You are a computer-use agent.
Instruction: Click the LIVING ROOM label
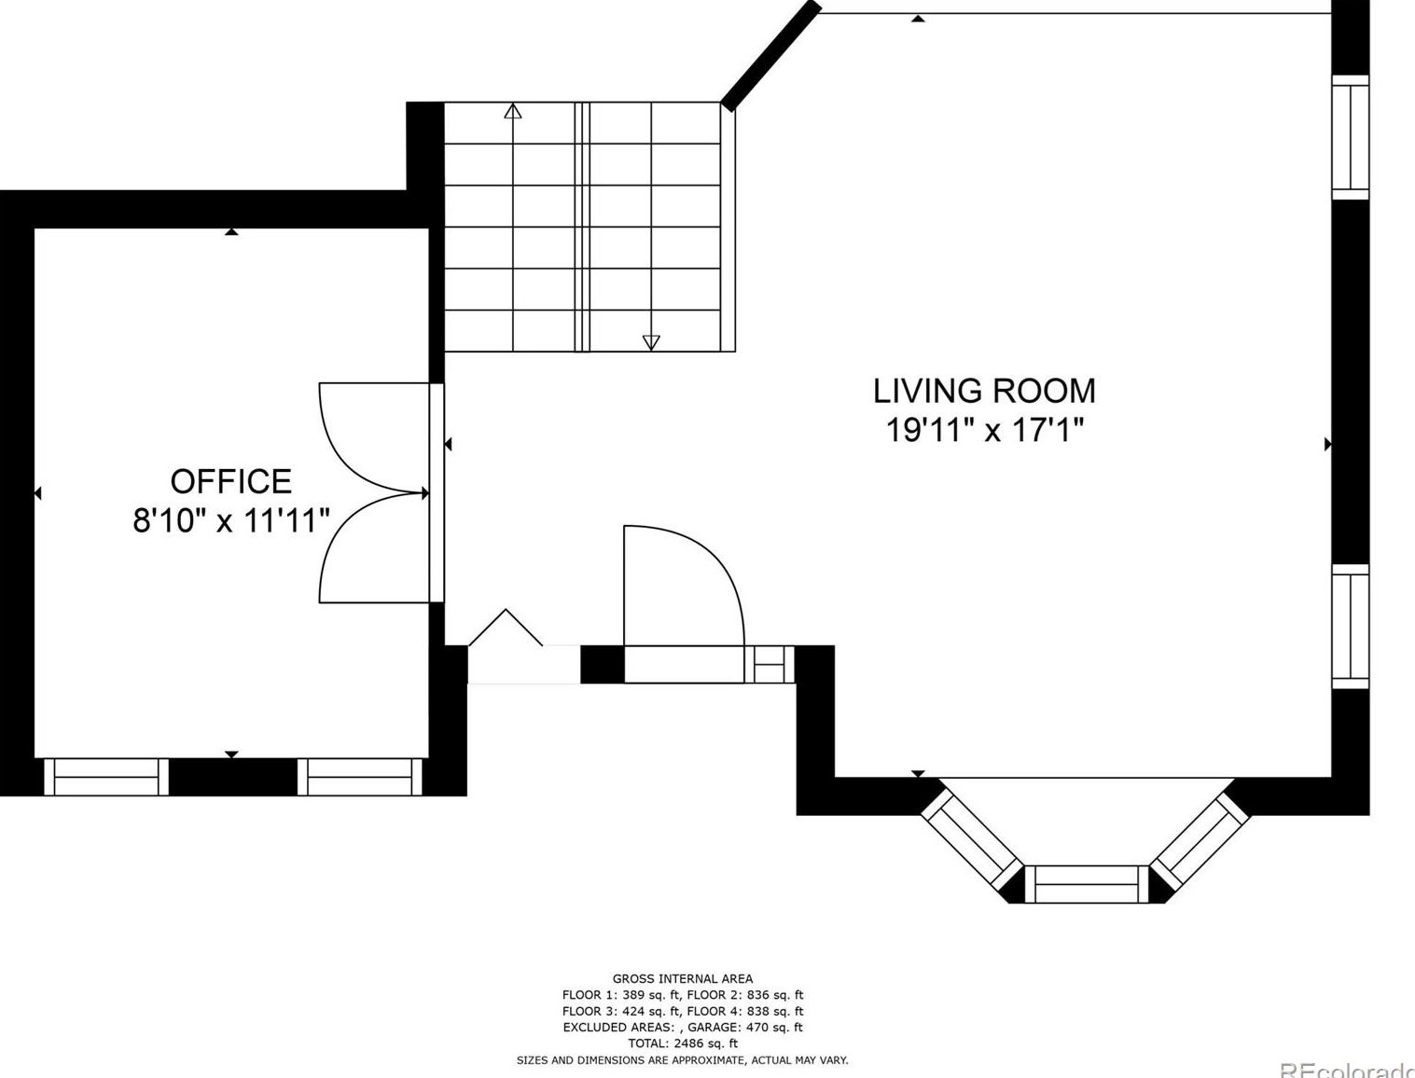pos(984,391)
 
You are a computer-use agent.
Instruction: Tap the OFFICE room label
pos(230,481)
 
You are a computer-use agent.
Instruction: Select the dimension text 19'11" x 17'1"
pos(984,429)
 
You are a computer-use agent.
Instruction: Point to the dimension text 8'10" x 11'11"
pos(230,519)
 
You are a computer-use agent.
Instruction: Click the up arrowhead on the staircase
pos(512,111)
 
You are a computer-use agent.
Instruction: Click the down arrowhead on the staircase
pos(651,343)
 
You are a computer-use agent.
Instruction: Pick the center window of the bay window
pos(1087,884)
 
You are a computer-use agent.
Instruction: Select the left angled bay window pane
pos(972,839)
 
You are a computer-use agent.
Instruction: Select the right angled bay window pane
pos(1200,838)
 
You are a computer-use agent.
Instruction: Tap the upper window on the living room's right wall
pos(1350,137)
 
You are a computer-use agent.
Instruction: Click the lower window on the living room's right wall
pos(1350,627)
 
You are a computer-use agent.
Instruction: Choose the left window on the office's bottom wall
pos(106,777)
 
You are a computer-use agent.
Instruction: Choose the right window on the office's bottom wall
pos(360,777)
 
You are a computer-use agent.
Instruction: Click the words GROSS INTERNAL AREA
pos(682,979)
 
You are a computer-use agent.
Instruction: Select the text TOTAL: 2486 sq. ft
pos(683,1043)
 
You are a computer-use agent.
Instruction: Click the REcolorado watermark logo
pos(1347,1071)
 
